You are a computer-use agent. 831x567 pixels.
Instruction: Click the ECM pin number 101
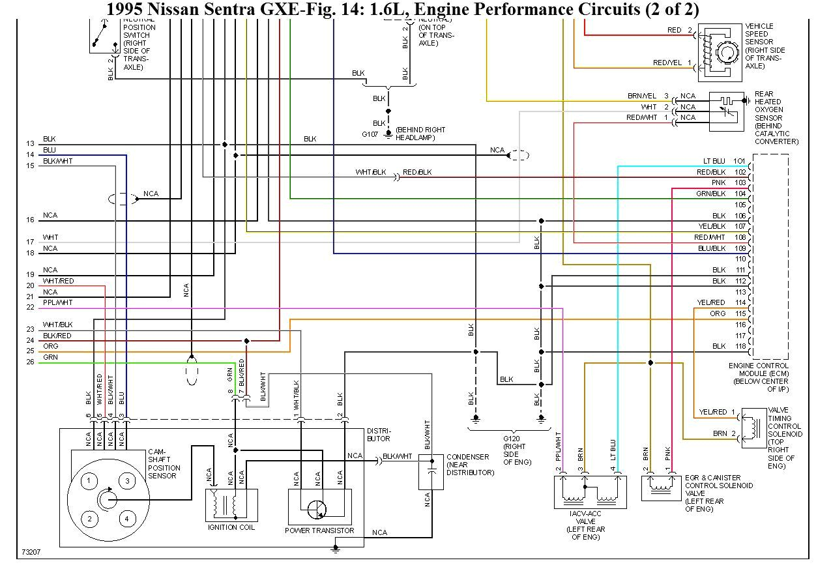coord(739,161)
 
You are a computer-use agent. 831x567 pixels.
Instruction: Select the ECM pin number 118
coord(739,346)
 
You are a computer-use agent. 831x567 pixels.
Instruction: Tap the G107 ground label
coord(370,134)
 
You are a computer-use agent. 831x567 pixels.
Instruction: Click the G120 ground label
coord(510,439)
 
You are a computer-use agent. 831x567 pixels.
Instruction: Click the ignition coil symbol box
coord(231,505)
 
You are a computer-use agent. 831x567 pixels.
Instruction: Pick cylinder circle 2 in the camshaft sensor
coord(89,519)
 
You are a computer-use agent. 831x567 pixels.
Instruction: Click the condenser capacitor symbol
coord(431,472)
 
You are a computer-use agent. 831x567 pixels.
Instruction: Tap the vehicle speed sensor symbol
coord(720,52)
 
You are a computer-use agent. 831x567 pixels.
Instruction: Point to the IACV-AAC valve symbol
coord(589,492)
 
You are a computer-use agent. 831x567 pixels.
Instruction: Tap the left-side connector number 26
coord(30,362)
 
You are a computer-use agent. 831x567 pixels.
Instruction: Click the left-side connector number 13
coord(30,143)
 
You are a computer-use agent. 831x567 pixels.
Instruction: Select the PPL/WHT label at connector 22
coord(58,302)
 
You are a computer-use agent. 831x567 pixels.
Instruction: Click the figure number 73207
coord(31,552)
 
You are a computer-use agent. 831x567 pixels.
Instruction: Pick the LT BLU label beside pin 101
coord(714,161)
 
